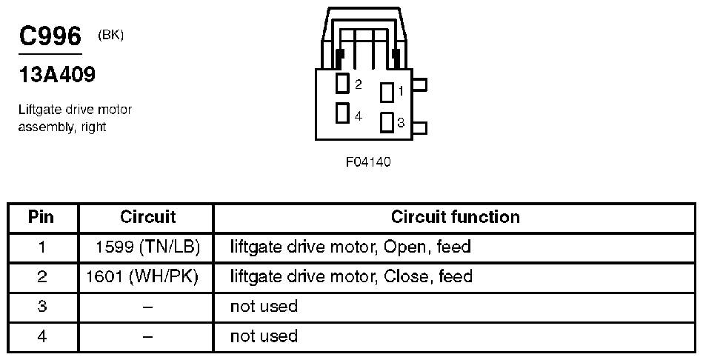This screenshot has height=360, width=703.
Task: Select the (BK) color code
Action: pyautogui.click(x=110, y=35)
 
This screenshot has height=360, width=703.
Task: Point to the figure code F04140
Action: pyautogui.click(x=368, y=162)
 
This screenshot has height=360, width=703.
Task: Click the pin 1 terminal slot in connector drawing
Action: pyautogui.click(x=387, y=92)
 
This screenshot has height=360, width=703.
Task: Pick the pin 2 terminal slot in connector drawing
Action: pyautogui.click(x=342, y=84)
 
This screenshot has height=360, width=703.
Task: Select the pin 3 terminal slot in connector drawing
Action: pyautogui.click(x=387, y=122)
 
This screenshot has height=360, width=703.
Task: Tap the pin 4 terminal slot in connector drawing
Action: pyautogui.click(x=342, y=113)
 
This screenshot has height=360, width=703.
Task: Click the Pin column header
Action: pyautogui.click(x=41, y=217)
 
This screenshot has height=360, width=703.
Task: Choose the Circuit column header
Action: pyautogui.click(x=147, y=217)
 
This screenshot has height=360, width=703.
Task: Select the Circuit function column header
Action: pyautogui.click(x=455, y=217)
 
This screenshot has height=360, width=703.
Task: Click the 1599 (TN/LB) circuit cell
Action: pyautogui.click(x=148, y=247)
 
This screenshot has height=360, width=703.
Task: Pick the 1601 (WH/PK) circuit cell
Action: pyautogui.click(x=147, y=277)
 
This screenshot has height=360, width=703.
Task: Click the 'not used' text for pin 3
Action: pyautogui.click(x=264, y=306)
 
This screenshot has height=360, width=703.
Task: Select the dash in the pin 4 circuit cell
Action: pyautogui.click(x=147, y=336)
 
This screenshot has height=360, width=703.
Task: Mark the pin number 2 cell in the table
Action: pyautogui.click(x=41, y=277)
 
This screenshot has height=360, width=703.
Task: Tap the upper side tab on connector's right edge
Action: pyautogui.click(x=419, y=85)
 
